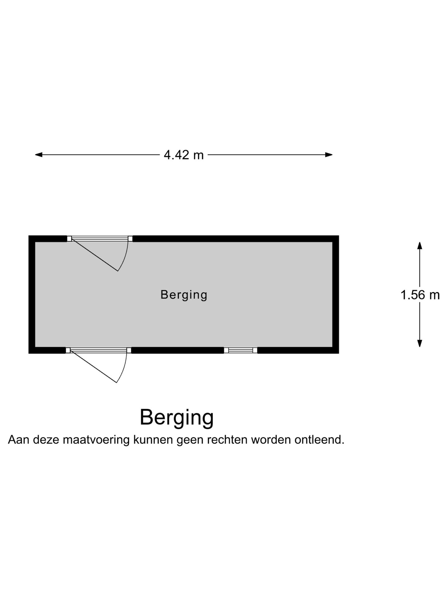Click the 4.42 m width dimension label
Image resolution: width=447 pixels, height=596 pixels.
pos(183,155)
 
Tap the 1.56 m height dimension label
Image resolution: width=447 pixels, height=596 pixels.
pos(420,295)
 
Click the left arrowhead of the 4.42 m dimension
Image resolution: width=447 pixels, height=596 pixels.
pos(38,155)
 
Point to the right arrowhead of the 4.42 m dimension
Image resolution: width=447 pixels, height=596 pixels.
pos(329,155)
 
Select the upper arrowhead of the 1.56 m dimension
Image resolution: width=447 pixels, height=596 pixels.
pos(420,246)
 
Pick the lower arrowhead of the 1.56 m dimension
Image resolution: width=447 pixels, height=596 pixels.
pos(420,343)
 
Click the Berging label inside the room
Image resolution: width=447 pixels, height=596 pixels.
pos(184,295)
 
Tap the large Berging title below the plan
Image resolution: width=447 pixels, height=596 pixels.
pos(177,417)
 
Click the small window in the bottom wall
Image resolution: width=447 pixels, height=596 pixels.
pos(241,350)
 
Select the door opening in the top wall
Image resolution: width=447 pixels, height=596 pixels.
pos(100,239)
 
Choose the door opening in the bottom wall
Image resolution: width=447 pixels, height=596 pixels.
pos(98,350)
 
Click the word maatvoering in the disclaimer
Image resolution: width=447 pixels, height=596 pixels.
pos(96,440)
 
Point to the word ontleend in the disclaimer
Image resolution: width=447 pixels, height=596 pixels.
pos(319,440)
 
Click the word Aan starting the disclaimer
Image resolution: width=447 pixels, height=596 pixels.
pos(18,440)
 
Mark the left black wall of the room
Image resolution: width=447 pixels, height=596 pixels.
pos(32,294)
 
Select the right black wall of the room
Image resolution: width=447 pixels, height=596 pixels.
pos(336,294)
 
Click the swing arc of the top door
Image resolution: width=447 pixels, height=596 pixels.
pos(125,256)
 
